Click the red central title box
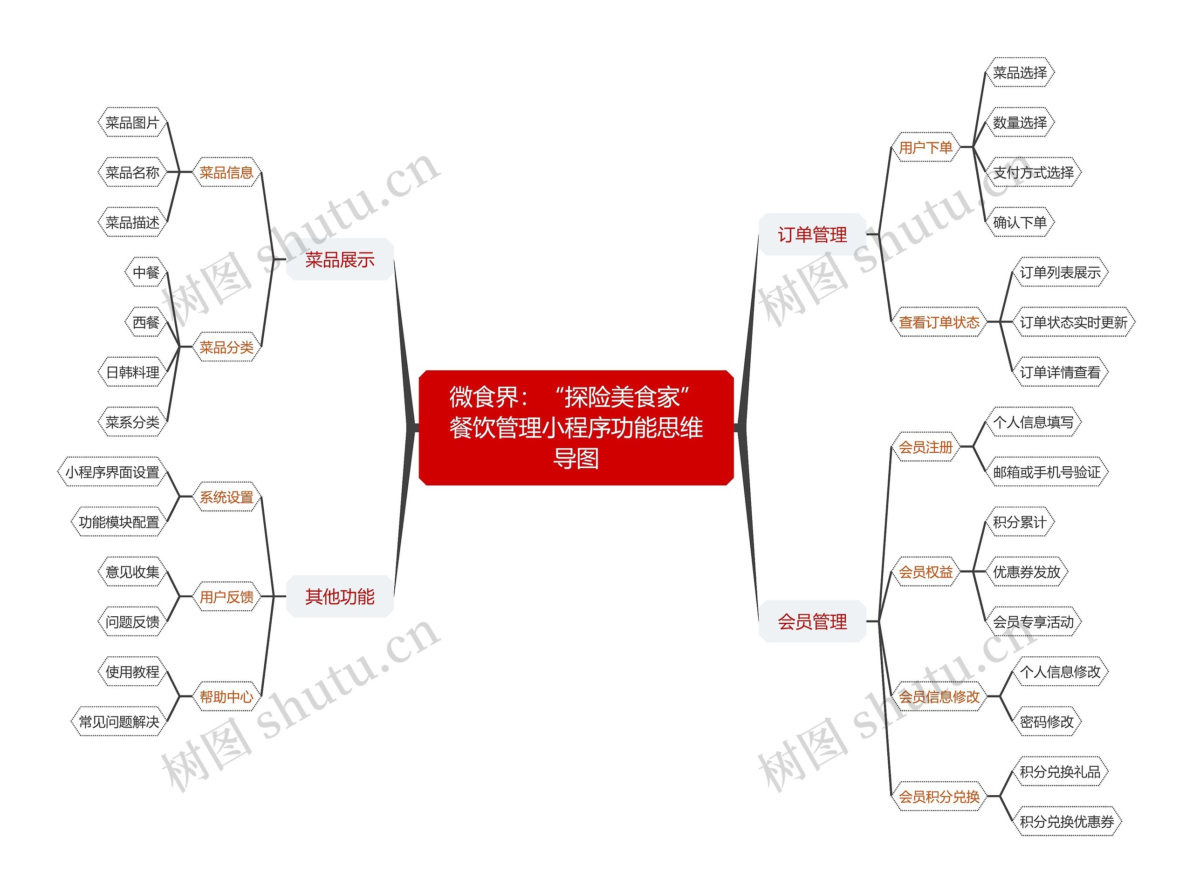[x=576, y=427]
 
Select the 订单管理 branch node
[x=812, y=235]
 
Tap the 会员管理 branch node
[x=812, y=621]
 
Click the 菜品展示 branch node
[x=339, y=259]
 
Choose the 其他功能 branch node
[x=339, y=596]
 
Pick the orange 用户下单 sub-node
[x=926, y=147]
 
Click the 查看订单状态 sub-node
[x=939, y=322]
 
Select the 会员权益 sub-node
[x=926, y=571]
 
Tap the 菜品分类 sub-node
[x=226, y=347]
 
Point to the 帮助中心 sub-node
[x=226, y=696]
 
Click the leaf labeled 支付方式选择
[x=1033, y=172]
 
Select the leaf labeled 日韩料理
[x=132, y=372]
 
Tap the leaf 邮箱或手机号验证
[x=1047, y=472]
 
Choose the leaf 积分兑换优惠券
[x=1067, y=821]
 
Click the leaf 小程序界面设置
[x=112, y=472]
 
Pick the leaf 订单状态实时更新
[x=1073, y=322]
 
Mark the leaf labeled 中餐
[x=145, y=273]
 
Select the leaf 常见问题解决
[x=119, y=721]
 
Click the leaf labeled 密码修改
[x=1047, y=721]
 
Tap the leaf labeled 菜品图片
[x=132, y=123]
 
